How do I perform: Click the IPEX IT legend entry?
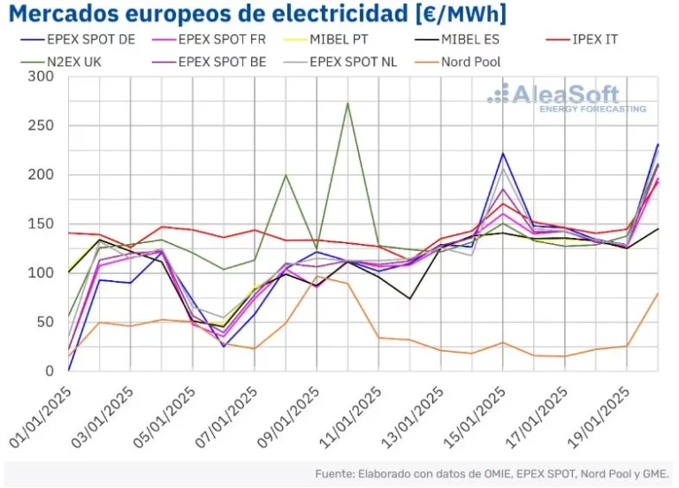(599, 40)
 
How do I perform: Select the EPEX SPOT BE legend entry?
(226, 63)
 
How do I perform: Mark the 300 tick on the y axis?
(42, 77)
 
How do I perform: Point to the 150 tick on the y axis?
(42, 224)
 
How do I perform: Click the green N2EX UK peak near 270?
(347, 103)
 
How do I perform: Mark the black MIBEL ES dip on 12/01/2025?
(409, 298)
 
